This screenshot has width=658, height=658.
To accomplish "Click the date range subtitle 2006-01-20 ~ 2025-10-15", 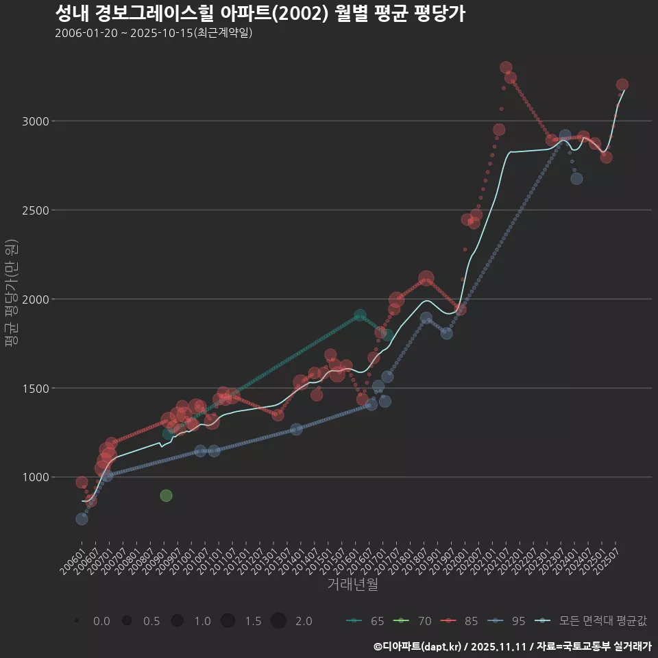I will point(154,33).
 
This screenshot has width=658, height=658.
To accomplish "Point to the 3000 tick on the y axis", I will point(35,121).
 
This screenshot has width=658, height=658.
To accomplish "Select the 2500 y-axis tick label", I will point(35,210).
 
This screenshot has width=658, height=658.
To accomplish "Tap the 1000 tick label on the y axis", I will point(35,477).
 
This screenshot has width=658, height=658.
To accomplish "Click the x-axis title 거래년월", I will point(352,584).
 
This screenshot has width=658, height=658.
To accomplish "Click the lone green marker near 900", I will point(166,496).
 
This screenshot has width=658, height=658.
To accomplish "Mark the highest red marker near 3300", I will point(506,68).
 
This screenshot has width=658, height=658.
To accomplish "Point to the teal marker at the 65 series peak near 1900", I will point(360,316).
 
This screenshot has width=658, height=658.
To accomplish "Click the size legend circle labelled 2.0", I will point(278,621).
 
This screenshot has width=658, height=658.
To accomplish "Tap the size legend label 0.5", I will point(151,621).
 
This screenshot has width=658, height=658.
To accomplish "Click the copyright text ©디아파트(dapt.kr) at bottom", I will point(418,646).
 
